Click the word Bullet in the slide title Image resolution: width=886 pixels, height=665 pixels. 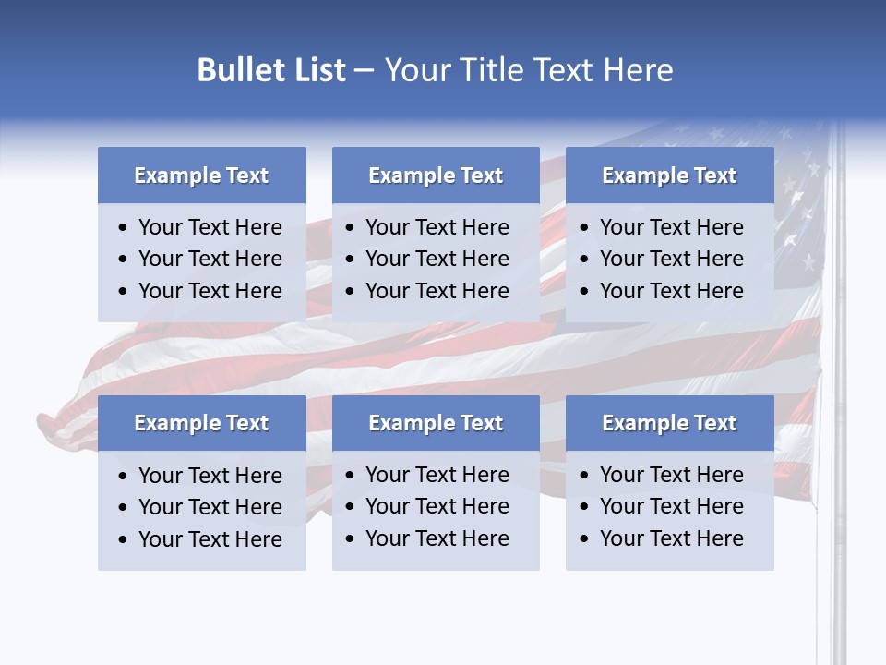234,70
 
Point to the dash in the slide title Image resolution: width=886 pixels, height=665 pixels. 364,71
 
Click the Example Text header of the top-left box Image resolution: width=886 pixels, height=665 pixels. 201,175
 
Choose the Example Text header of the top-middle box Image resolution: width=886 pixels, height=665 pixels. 436,175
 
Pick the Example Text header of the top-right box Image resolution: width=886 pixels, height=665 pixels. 669,175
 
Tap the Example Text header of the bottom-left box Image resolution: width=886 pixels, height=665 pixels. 201,423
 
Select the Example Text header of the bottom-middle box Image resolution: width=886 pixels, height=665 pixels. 436,423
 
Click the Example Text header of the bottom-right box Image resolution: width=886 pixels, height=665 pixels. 669,423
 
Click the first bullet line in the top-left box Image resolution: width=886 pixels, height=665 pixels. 210,227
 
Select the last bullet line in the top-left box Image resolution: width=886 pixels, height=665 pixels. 210,291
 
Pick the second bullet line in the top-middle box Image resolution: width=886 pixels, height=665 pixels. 437,259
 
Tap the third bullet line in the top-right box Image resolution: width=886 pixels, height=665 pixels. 671,291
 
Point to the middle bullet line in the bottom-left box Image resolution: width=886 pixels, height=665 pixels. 210,507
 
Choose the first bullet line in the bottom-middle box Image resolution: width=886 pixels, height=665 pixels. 437,475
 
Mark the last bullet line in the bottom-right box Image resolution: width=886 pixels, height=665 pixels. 671,538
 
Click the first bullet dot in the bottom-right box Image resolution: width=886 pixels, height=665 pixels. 585,476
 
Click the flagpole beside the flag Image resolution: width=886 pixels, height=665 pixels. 838,369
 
